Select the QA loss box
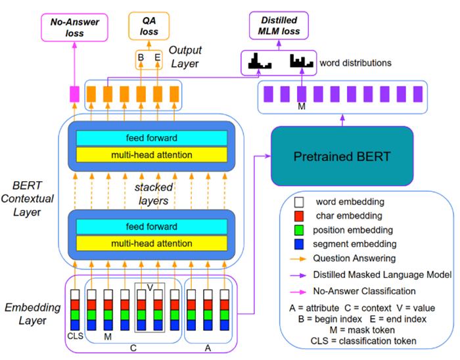tap(152, 26)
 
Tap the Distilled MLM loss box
tap(275, 26)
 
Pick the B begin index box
tap(141, 58)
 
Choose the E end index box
tap(158, 58)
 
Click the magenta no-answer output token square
tap(75, 93)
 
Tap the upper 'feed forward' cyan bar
tap(152, 137)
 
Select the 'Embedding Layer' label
tap(32, 314)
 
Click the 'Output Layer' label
tap(186, 57)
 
